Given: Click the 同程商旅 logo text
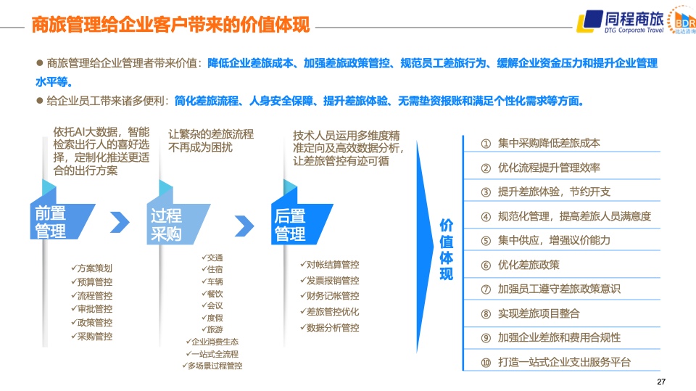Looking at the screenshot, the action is (x=634, y=19).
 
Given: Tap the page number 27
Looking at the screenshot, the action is (x=661, y=382).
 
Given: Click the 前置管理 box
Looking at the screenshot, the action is (x=62, y=221).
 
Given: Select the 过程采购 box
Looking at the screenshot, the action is (x=178, y=224).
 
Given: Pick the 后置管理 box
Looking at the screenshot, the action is (x=302, y=224).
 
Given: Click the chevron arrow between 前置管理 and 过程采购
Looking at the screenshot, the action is (x=120, y=223).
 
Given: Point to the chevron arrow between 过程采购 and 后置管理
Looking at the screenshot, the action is (x=244, y=226).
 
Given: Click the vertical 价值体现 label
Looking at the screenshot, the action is (x=446, y=250).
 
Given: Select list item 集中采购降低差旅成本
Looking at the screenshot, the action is (x=549, y=143).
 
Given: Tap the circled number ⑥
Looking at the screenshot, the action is (x=486, y=266).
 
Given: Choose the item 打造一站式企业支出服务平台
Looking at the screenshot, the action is (x=564, y=362).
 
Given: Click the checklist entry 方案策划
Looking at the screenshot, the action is (x=91, y=268).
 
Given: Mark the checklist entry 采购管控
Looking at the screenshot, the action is (x=91, y=337).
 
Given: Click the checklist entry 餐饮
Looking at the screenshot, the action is (x=212, y=294).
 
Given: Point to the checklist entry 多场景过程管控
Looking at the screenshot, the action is (x=212, y=366).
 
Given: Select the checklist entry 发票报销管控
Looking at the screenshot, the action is (x=329, y=280).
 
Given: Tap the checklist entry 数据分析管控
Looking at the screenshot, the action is (x=329, y=327).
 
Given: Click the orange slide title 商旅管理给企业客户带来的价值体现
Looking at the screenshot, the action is (x=170, y=25).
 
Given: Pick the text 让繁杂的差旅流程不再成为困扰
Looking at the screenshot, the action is (x=211, y=141).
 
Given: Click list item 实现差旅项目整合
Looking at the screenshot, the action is (x=539, y=313).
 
